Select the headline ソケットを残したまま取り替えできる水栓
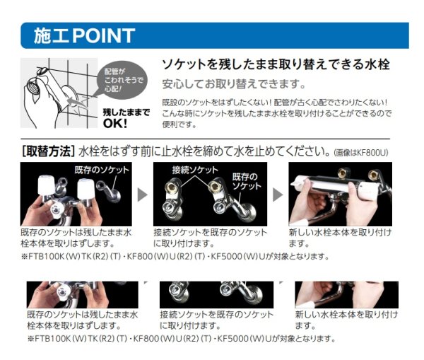(x=276, y=64)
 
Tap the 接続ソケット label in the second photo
(x=190, y=170)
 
